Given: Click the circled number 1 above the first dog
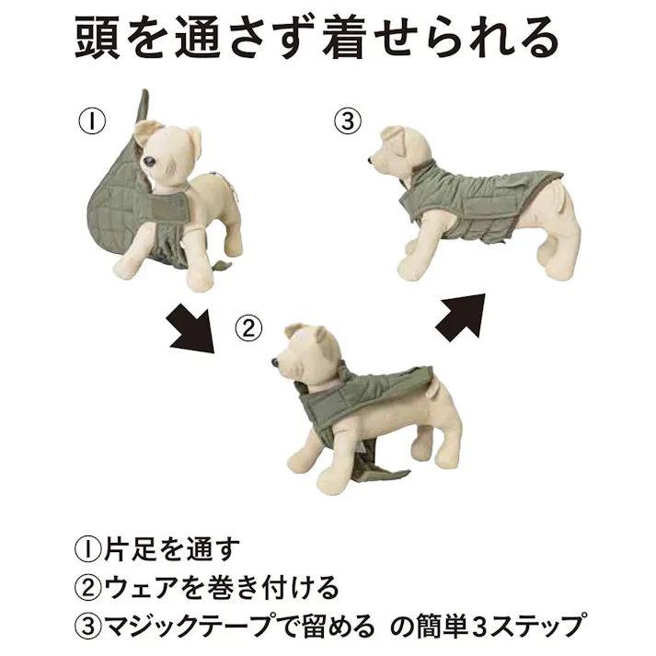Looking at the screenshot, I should [x=94, y=121].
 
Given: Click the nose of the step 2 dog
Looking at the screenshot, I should [x=276, y=364].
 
